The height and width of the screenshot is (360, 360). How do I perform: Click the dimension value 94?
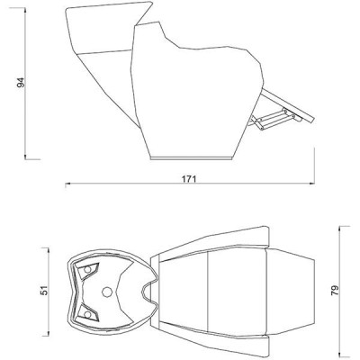21,83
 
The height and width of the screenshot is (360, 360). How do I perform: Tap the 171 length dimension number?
189,179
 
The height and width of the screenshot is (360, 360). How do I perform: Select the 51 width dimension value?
44,291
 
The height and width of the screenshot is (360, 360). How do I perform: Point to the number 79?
335,291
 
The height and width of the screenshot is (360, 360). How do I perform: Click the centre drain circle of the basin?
107,292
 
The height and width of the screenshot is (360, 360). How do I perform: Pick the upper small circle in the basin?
87,269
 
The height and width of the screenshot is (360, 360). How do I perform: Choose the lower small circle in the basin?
87,314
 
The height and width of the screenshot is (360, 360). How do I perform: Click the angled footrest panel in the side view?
287,105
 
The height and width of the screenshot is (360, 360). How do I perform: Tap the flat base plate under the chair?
192,157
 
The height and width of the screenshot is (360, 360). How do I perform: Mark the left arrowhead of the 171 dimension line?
67,184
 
